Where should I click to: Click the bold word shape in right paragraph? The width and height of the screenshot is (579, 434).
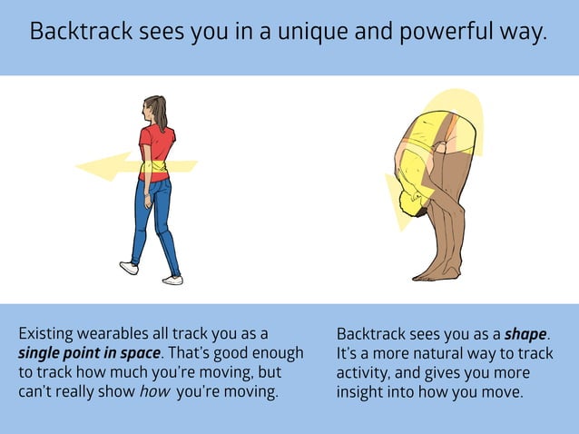click(525, 334)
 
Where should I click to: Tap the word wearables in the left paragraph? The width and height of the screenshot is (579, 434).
click(111, 332)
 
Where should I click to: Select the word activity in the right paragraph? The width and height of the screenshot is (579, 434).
click(363, 372)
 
